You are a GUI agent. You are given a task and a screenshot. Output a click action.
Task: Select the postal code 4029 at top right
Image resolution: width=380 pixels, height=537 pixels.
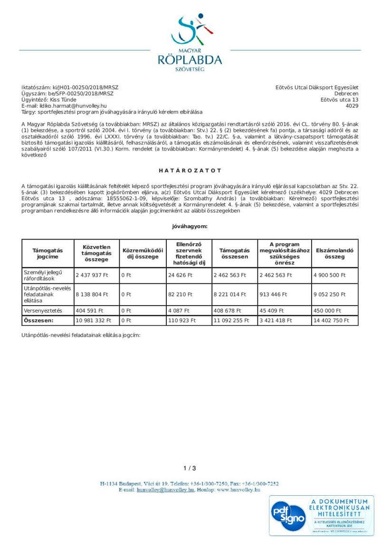click(352, 106)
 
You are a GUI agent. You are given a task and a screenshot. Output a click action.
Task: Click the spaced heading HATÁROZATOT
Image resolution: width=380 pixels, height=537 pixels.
click(190, 170)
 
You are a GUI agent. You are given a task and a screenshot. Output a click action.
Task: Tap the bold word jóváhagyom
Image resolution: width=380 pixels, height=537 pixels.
click(190, 226)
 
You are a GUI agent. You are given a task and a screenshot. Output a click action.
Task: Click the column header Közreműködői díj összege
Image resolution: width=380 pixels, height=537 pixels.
click(142, 253)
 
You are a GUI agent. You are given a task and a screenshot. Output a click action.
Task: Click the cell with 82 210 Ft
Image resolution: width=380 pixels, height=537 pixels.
click(180, 294)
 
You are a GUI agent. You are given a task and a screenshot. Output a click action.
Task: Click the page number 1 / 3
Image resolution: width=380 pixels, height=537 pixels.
click(190, 468)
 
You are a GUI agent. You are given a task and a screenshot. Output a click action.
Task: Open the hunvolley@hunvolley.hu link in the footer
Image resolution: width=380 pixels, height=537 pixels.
click(165, 489)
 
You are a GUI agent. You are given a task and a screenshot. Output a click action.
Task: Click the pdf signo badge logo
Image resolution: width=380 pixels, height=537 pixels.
click(289, 516)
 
